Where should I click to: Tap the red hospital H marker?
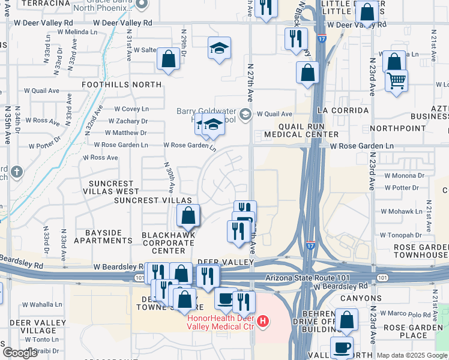click(x=262, y=322)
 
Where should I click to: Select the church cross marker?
click(x=16, y=172)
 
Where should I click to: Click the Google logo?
click(x=20, y=353)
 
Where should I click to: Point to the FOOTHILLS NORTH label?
click(x=122, y=85)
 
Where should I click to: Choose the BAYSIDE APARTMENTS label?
click(x=103, y=236)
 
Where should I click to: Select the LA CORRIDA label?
click(x=343, y=110)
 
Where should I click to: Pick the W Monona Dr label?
click(x=404, y=176)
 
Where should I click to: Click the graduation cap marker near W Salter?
click(x=220, y=48)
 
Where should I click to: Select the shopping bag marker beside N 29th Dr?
click(x=169, y=59)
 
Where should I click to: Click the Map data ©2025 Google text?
click(x=411, y=355)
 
